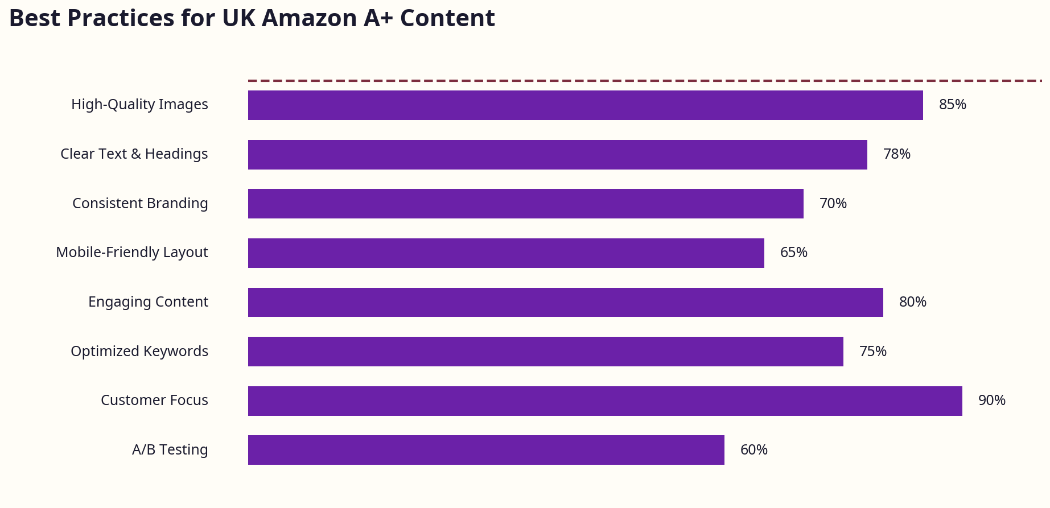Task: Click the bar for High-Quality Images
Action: (x=585, y=105)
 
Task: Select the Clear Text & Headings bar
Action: (x=557, y=155)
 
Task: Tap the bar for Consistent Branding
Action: (x=525, y=204)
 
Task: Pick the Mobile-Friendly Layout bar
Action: (x=506, y=253)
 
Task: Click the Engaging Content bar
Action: (x=565, y=302)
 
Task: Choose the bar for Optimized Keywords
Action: (x=545, y=352)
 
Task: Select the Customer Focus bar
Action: (x=605, y=401)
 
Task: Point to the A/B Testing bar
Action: (x=486, y=450)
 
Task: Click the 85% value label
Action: (x=952, y=105)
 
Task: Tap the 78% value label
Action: (x=896, y=154)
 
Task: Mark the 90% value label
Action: (x=991, y=400)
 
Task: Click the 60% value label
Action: (x=753, y=450)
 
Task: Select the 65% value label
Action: (x=793, y=253)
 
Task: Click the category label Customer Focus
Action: (x=154, y=400)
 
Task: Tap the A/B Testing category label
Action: (x=170, y=450)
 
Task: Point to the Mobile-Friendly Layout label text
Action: (x=131, y=253)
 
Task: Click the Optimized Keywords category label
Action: (x=139, y=352)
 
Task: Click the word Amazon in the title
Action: (x=310, y=18)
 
